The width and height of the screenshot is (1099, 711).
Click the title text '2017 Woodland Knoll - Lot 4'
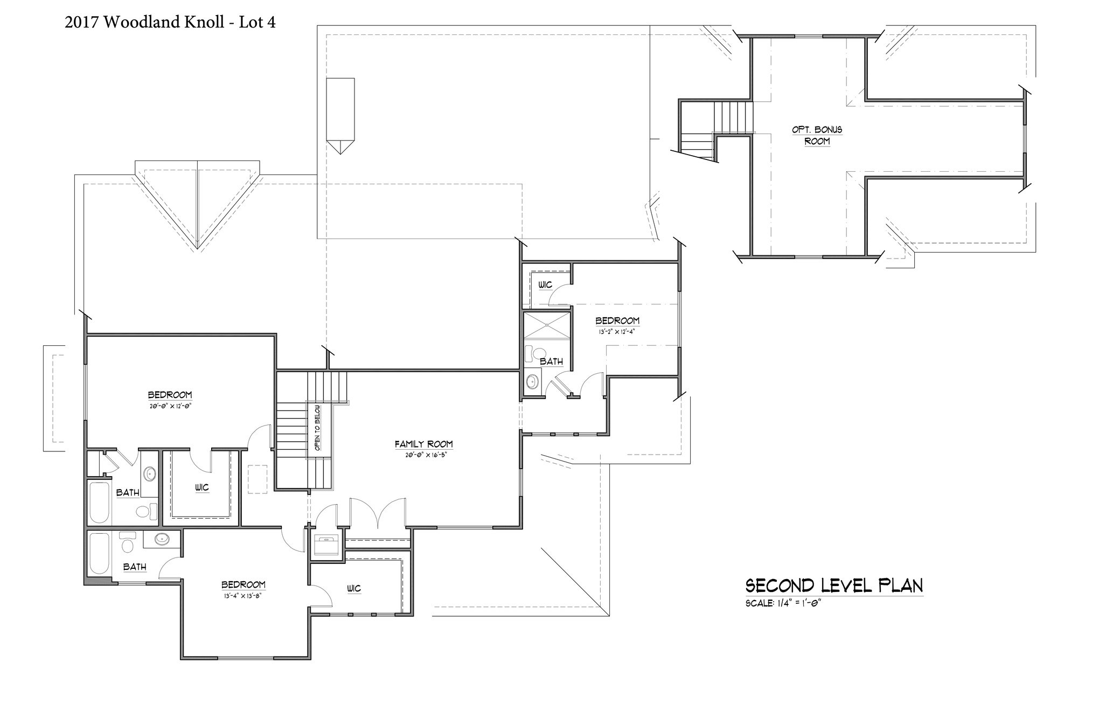coord(170,22)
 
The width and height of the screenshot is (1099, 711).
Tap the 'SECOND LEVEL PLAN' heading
coord(834,585)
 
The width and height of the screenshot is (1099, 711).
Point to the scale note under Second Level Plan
coord(783,603)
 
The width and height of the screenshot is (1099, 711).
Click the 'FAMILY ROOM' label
coord(423,444)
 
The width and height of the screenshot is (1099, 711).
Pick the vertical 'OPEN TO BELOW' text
coord(317,428)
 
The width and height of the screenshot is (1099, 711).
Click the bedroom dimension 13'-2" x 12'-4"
coord(617,332)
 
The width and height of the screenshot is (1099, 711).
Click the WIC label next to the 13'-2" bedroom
coord(545,285)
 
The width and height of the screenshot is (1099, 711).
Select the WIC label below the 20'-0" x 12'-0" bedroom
coord(202,487)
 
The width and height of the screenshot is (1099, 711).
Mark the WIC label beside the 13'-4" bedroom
coord(354,589)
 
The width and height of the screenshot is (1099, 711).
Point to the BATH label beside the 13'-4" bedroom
coord(135,567)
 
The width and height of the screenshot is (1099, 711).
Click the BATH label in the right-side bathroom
coord(551,361)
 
